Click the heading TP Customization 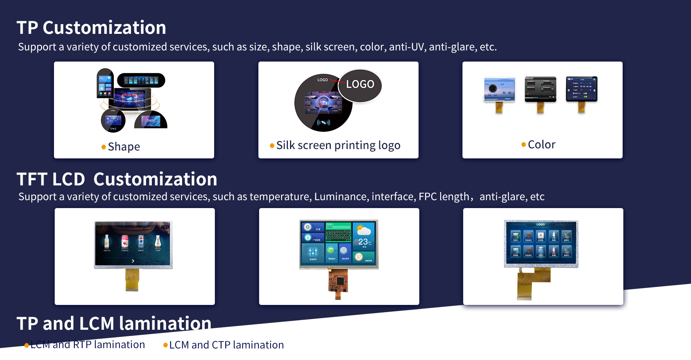point(91,28)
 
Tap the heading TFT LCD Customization point(117,179)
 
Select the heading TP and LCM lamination point(114,323)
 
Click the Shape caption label point(123,147)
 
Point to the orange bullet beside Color point(523,145)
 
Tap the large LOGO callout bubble point(360,85)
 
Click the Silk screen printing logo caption point(338,145)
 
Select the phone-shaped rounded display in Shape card point(105,84)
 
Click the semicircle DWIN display point(151,120)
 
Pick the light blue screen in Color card point(499,90)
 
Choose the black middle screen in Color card point(540,89)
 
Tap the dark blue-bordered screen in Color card point(581,89)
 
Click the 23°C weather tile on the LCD point(364,239)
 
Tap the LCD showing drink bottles point(133,244)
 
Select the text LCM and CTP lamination point(226,345)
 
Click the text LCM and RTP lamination point(87,345)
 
